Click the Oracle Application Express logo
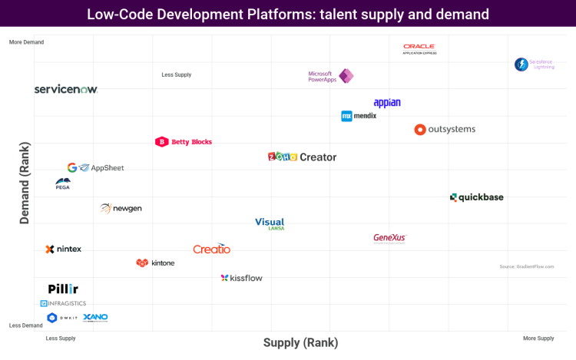[419, 48]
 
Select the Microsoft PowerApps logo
[330, 76]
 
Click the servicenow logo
[66, 90]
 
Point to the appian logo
[387, 103]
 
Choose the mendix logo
[359, 116]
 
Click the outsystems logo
[445, 130]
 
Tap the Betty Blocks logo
[184, 142]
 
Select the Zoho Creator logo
[302, 157]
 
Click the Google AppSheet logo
[95, 167]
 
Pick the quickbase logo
[477, 197]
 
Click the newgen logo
[121, 208]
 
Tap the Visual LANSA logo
[270, 223]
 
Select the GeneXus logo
[389, 238]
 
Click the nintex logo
[64, 249]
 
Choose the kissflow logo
[241, 278]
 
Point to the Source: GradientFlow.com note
[526, 266]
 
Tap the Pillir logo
[63, 289]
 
